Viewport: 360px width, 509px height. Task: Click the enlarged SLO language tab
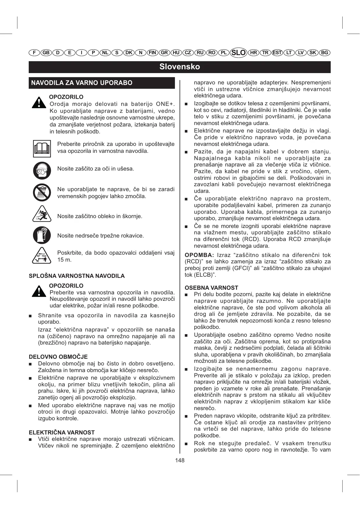238,52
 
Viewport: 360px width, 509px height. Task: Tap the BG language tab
325,52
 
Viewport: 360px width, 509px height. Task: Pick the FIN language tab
152,52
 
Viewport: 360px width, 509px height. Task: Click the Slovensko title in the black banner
180,67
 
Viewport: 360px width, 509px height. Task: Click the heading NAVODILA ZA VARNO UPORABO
82,83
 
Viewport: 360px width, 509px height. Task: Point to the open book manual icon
42,148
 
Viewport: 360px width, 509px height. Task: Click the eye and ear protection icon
42,170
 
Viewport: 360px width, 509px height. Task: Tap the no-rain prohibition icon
42,192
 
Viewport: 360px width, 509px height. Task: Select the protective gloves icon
42,235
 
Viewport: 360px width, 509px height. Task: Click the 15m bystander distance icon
42,256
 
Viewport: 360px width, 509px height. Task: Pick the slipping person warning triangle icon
42,214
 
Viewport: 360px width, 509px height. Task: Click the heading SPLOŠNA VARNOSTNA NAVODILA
77,276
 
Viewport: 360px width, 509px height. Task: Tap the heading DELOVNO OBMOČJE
58,357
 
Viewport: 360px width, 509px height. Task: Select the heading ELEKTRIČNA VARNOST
61,432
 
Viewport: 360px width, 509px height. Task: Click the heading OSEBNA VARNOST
211,288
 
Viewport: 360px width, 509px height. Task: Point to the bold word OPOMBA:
199,255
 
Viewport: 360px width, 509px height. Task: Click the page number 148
180,460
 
